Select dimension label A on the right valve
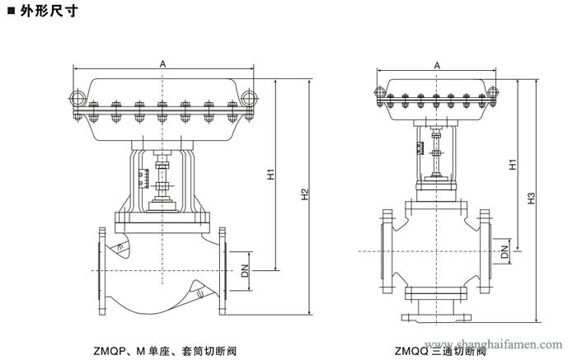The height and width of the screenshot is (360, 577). click(436, 64)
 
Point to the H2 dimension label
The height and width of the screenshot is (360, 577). click(304, 194)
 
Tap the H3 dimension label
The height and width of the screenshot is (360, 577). click(532, 199)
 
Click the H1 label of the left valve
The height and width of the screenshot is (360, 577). click(271, 175)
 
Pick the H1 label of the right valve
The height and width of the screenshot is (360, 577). click(512, 164)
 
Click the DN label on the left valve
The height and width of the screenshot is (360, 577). click(245, 269)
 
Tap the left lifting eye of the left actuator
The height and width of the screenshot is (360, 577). click(77, 99)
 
